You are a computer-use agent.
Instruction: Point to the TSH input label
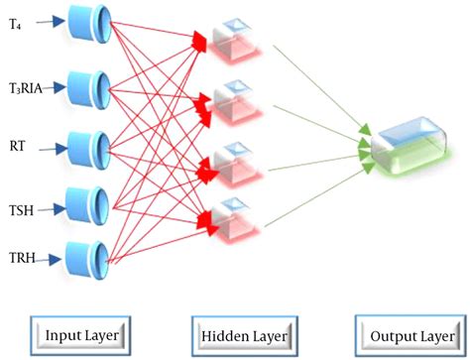click(x=22, y=210)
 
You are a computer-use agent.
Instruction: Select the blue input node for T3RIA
click(x=97, y=87)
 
